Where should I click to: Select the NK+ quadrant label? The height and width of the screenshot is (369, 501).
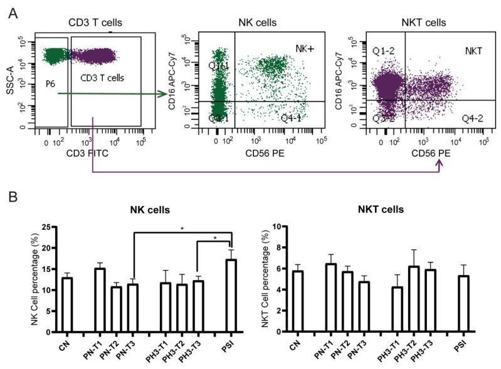coord(305,48)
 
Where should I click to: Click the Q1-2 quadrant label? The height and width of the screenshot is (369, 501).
coord(380,49)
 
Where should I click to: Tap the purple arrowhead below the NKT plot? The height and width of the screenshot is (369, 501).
coord(440,164)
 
